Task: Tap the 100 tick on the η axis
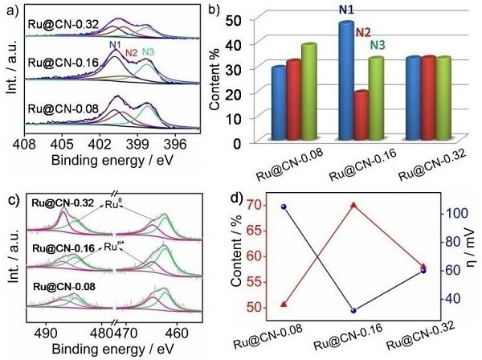pyautogui.click(x=453, y=214)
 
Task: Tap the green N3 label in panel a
pyautogui.click(x=149, y=53)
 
